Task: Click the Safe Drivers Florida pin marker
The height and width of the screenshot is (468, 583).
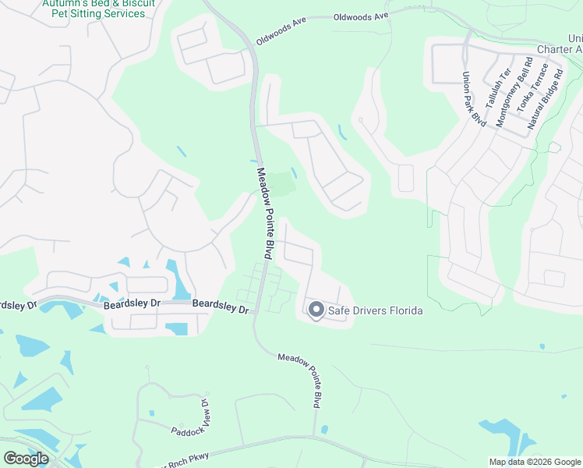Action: (x=316, y=310)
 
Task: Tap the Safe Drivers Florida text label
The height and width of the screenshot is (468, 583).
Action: (x=376, y=310)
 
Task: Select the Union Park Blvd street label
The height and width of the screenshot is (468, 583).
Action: (x=474, y=99)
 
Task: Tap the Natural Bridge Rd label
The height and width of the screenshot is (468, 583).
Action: (x=546, y=98)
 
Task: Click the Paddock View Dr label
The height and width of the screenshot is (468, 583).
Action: (x=191, y=418)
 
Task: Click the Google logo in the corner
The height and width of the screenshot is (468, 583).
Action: (x=26, y=459)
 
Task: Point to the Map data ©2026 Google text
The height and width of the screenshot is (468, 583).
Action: (x=534, y=462)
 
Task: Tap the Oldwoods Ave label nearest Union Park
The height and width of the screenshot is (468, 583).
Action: (x=360, y=16)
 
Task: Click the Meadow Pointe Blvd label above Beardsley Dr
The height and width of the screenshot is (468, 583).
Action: (x=264, y=213)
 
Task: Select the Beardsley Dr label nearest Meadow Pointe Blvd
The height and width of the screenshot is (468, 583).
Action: (x=220, y=306)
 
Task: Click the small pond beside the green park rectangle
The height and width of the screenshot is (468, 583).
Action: (x=293, y=172)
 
